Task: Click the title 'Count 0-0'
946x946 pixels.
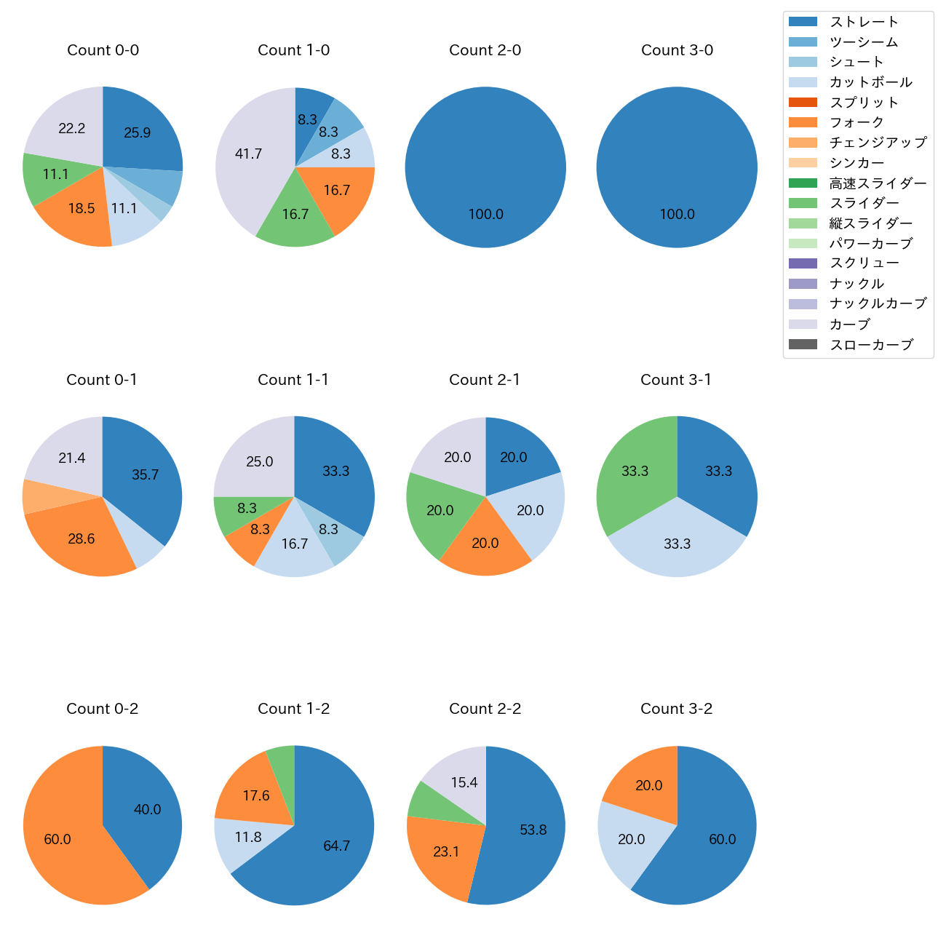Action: (x=103, y=50)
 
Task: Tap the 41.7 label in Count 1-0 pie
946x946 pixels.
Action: (x=248, y=154)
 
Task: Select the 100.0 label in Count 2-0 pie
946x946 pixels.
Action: (x=485, y=215)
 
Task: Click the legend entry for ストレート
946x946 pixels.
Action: (x=864, y=22)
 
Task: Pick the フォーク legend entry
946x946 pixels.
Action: (x=856, y=122)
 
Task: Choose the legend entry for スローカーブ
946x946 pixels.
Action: (x=871, y=345)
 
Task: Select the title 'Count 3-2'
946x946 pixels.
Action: (x=676, y=709)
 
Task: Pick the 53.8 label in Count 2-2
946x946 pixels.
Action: (x=533, y=830)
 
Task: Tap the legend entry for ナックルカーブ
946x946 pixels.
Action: (x=878, y=304)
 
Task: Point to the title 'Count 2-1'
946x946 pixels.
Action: (x=485, y=380)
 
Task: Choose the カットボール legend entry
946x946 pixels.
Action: (x=870, y=82)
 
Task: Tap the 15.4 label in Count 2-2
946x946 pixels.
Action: (x=464, y=783)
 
